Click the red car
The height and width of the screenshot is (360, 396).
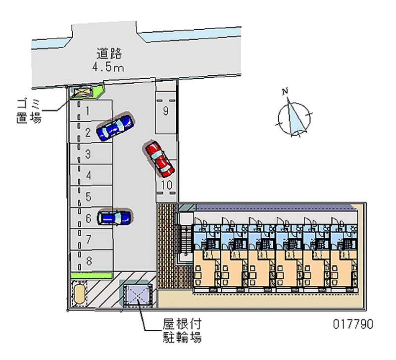click(159, 158)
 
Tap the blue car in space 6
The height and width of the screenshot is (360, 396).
click(115, 217)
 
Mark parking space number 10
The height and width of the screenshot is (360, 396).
click(166, 185)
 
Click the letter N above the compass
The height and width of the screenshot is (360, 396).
click(285, 91)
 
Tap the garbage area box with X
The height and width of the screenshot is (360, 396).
click(82, 92)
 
